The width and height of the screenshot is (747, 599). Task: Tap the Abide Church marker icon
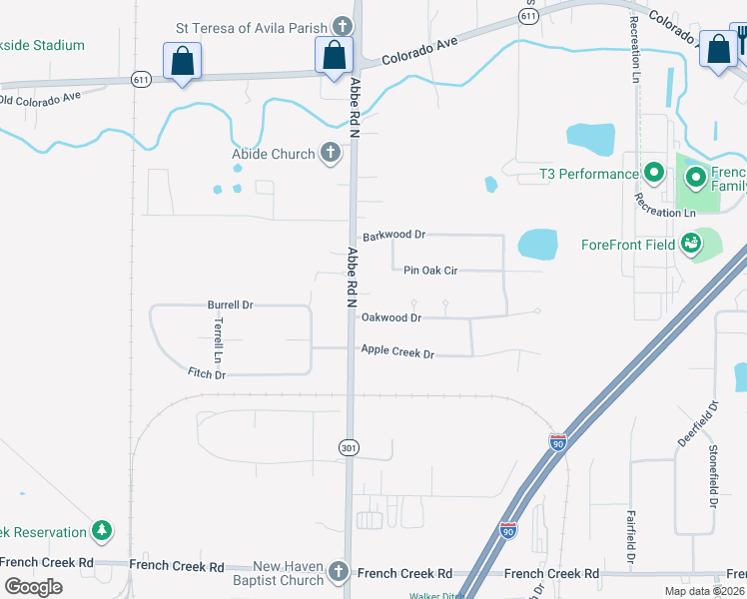pyautogui.click(x=332, y=154)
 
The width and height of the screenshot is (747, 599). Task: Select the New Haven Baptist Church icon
pyautogui.click(x=339, y=573)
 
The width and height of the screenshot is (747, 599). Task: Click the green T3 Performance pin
pyautogui.click(x=654, y=174)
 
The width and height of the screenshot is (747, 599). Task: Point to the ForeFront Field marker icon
pyautogui.click(x=690, y=244)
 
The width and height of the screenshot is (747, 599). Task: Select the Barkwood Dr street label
pyautogui.click(x=394, y=236)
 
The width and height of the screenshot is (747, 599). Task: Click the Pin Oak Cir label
pyautogui.click(x=430, y=270)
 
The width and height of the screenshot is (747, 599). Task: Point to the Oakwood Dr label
pyautogui.click(x=391, y=317)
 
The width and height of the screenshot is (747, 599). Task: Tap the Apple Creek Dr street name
pyautogui.click(x=397, y=351)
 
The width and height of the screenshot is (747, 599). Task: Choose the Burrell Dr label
pyautogui.click(x=231, y=304)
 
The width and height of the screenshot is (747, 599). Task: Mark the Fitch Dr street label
pyautogui.click(x=207, y=373)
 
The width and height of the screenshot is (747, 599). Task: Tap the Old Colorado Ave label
pyautogui.click(x=40, y=99)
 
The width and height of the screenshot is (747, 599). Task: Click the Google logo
pyautogui.click(x=34, y=587)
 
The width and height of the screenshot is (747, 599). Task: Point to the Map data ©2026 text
pyautogui.click(x=704, y=591)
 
